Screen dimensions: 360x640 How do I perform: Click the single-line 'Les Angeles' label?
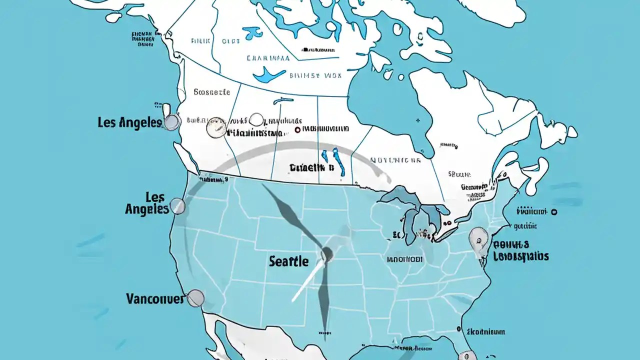click(129, 122)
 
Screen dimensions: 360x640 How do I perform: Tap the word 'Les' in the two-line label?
click(154, 196)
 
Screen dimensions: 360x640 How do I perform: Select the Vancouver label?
click(155, 299)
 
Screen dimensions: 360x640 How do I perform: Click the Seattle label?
click(288, 261)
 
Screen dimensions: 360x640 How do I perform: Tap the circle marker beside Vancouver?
click(195, 298)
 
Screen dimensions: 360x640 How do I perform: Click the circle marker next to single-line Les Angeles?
click(172, 122)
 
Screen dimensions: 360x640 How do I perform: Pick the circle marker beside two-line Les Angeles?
click(177, 205)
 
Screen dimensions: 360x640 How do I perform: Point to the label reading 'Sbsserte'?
click(211, 92)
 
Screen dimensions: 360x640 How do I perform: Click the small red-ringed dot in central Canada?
click(297, 129)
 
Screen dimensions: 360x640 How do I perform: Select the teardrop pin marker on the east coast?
click(478, 239)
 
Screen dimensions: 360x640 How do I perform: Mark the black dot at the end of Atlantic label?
click(554, 212)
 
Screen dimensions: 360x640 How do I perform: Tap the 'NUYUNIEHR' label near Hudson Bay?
click(395, 160)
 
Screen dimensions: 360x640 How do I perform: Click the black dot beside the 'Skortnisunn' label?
click(458, 329)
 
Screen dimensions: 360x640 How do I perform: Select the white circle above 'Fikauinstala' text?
click(256, 119)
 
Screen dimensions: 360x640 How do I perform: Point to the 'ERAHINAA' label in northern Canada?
click(268, 58)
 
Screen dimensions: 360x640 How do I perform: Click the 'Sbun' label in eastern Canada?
click(459, 174)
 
